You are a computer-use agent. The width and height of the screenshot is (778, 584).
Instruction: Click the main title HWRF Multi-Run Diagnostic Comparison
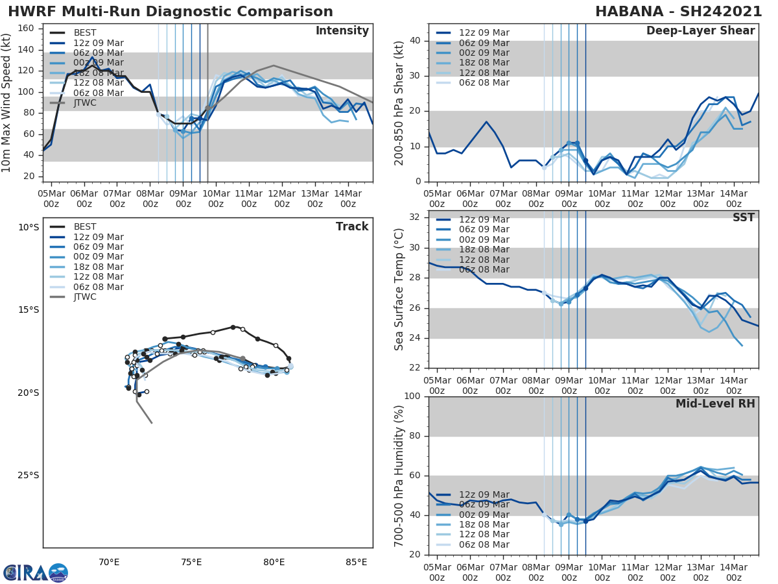tap(171, 12)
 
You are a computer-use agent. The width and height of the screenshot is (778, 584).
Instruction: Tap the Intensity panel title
tap(342, 31)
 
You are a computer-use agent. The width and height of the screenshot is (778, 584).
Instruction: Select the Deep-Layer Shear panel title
tap(700, 31)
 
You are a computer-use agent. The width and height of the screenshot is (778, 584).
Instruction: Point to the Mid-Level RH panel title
tap(715, 404)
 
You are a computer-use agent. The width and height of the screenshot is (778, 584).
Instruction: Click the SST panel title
tap(744, 217)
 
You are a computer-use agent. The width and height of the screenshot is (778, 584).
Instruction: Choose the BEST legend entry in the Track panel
tap(85, 227)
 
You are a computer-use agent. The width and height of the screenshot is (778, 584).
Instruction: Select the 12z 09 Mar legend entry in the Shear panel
tap(484, 33)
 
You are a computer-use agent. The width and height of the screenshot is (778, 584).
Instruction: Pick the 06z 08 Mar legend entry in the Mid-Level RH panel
tap(484, 544)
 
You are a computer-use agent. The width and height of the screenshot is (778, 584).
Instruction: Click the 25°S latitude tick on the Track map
tap(29, 475)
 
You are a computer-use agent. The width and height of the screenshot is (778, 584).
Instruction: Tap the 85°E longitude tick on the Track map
tap(356, 562)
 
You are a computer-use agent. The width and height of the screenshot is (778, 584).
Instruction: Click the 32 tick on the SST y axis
tap(416, 217)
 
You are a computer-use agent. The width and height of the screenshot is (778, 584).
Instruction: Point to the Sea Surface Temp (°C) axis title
tap(399, 289)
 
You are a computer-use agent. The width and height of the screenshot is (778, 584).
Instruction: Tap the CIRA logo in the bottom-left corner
tap(36, 572)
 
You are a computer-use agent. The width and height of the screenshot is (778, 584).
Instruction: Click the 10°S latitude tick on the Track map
tap(29, 227)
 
